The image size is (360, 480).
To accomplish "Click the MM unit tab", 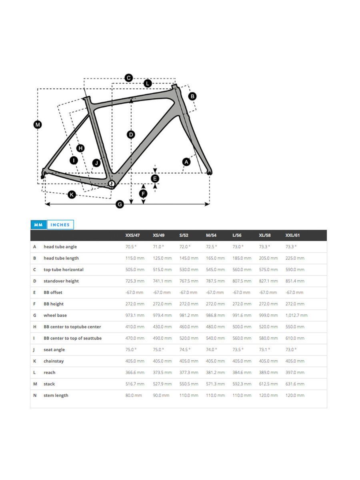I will click(38, 225).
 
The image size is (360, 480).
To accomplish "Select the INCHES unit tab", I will click(60, 225).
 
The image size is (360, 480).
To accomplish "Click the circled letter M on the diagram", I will click(37, 125).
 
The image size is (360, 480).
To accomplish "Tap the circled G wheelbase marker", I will click(119, 204).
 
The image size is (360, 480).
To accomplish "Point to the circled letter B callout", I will click(192, 96).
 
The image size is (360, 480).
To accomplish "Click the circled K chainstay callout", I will click(72, 195).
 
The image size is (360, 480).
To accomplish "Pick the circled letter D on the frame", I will click(131, 134).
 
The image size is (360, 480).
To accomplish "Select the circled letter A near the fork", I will click(186, 162).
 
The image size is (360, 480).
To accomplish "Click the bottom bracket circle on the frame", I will click(112, 184).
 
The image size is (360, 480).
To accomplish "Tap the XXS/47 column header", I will click(132, 235).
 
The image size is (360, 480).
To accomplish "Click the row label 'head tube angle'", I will click(60, 247).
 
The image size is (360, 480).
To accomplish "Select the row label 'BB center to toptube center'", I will click(72, 327).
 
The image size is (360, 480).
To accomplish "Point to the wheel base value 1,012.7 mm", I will click(296, 315).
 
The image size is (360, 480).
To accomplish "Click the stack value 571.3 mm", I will click(215, 384).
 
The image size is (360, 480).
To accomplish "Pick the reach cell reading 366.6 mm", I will click(135, 372).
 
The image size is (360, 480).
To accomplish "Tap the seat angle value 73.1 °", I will click(264, 350).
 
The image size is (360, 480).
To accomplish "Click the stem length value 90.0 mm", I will click(161, 395).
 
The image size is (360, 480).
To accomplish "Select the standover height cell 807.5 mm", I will click(242, 281).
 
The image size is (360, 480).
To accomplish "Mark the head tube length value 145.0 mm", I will click(188, 258).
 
